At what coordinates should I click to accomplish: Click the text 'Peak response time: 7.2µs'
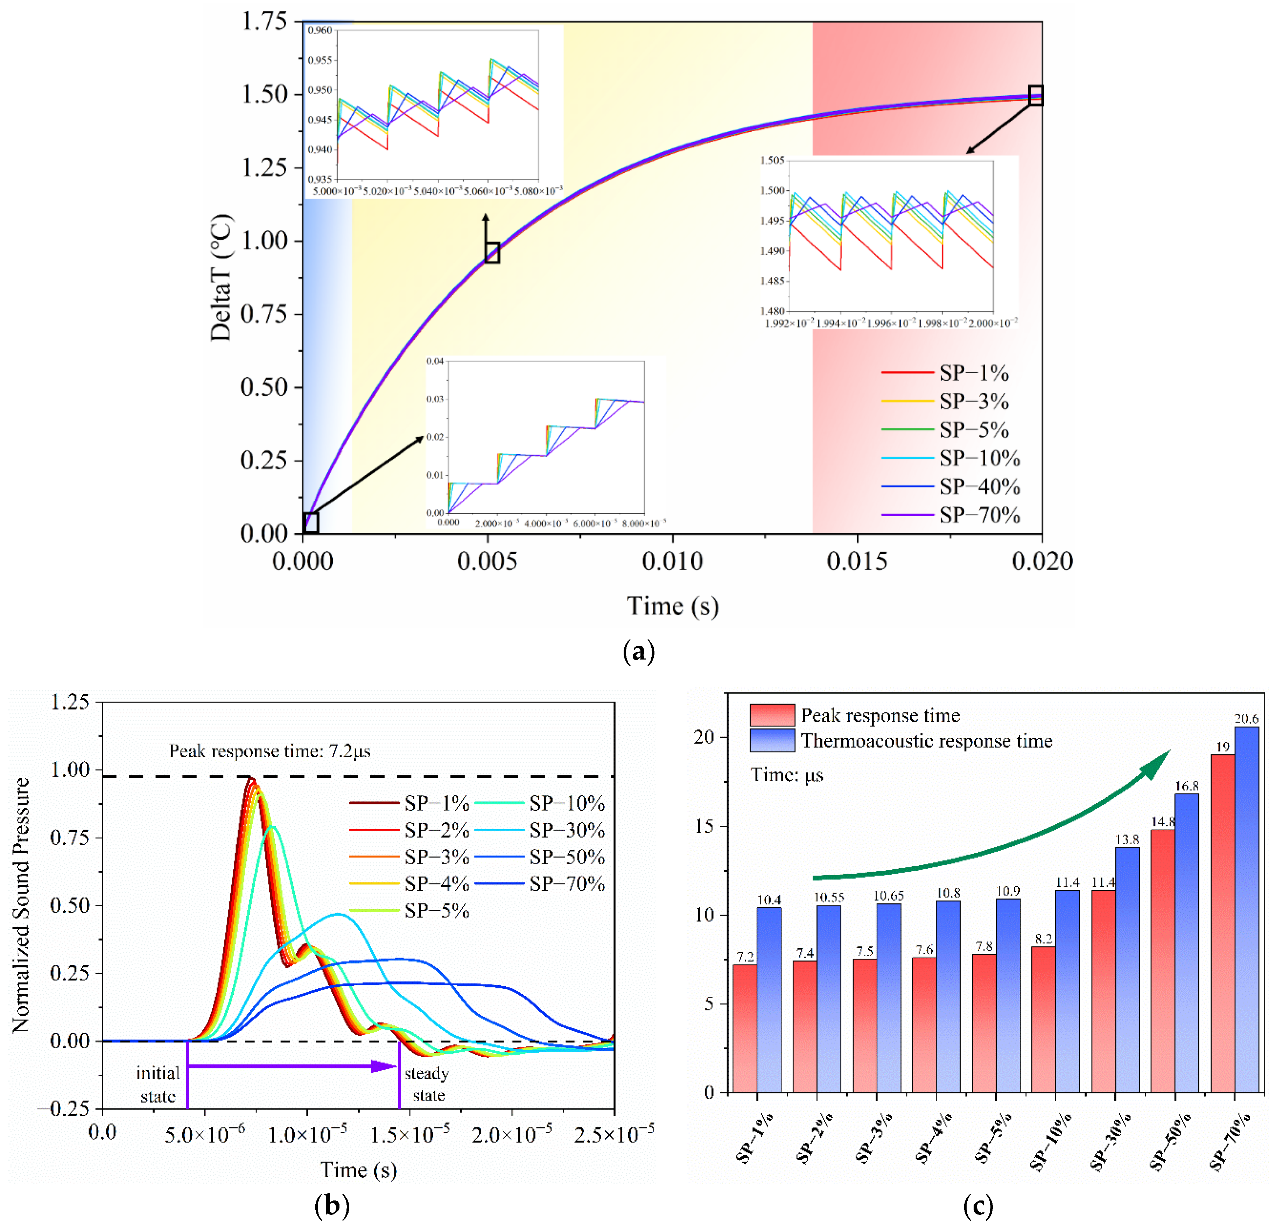click(270, 751)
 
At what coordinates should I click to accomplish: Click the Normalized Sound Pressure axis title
click(21, 905)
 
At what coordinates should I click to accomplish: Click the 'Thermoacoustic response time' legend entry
click(926, 740)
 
